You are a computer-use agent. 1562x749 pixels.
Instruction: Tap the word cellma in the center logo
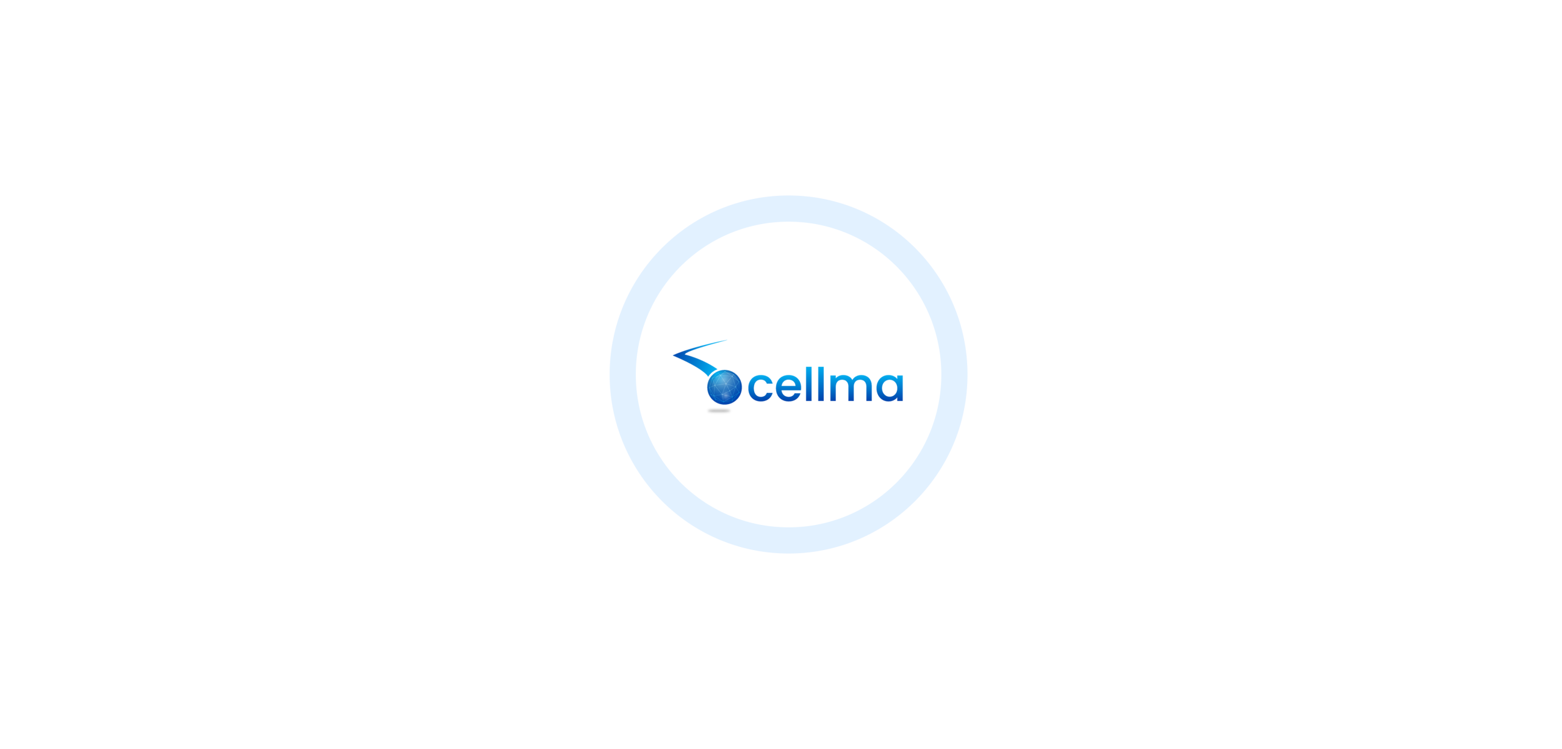pyautogui.click(x=825, y=386)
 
